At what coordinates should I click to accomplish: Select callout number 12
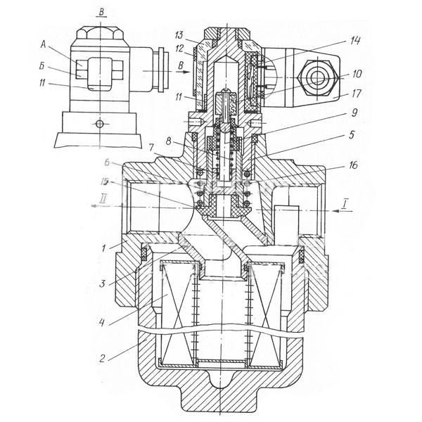[181, 48]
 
